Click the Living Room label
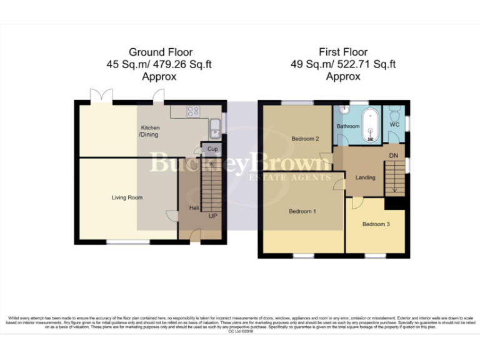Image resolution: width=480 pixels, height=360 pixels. tap(127, 197)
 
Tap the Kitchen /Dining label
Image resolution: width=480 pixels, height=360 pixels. tap(149, 131)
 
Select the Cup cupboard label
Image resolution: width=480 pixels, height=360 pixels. tap(212, 149)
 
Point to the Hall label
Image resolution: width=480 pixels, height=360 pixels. tap(194, 208)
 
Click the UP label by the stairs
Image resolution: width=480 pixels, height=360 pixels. tap(213, 216)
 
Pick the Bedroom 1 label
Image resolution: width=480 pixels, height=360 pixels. tap(302, 211)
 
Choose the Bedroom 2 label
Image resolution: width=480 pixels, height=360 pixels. tap(306, 138)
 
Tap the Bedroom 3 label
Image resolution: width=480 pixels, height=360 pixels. tap(376, 223)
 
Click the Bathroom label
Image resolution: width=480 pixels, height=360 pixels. tap(348, 126)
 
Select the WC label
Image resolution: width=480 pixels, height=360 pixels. tap(394, 125)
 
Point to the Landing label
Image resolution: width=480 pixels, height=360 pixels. tap(366, 177)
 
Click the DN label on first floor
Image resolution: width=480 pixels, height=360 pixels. tap(393, 155)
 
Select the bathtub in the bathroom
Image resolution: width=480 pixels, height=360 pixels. tap(371, 123)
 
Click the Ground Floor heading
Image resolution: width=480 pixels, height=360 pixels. tap(161, 52)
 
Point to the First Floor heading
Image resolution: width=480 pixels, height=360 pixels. tap(343, 52)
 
